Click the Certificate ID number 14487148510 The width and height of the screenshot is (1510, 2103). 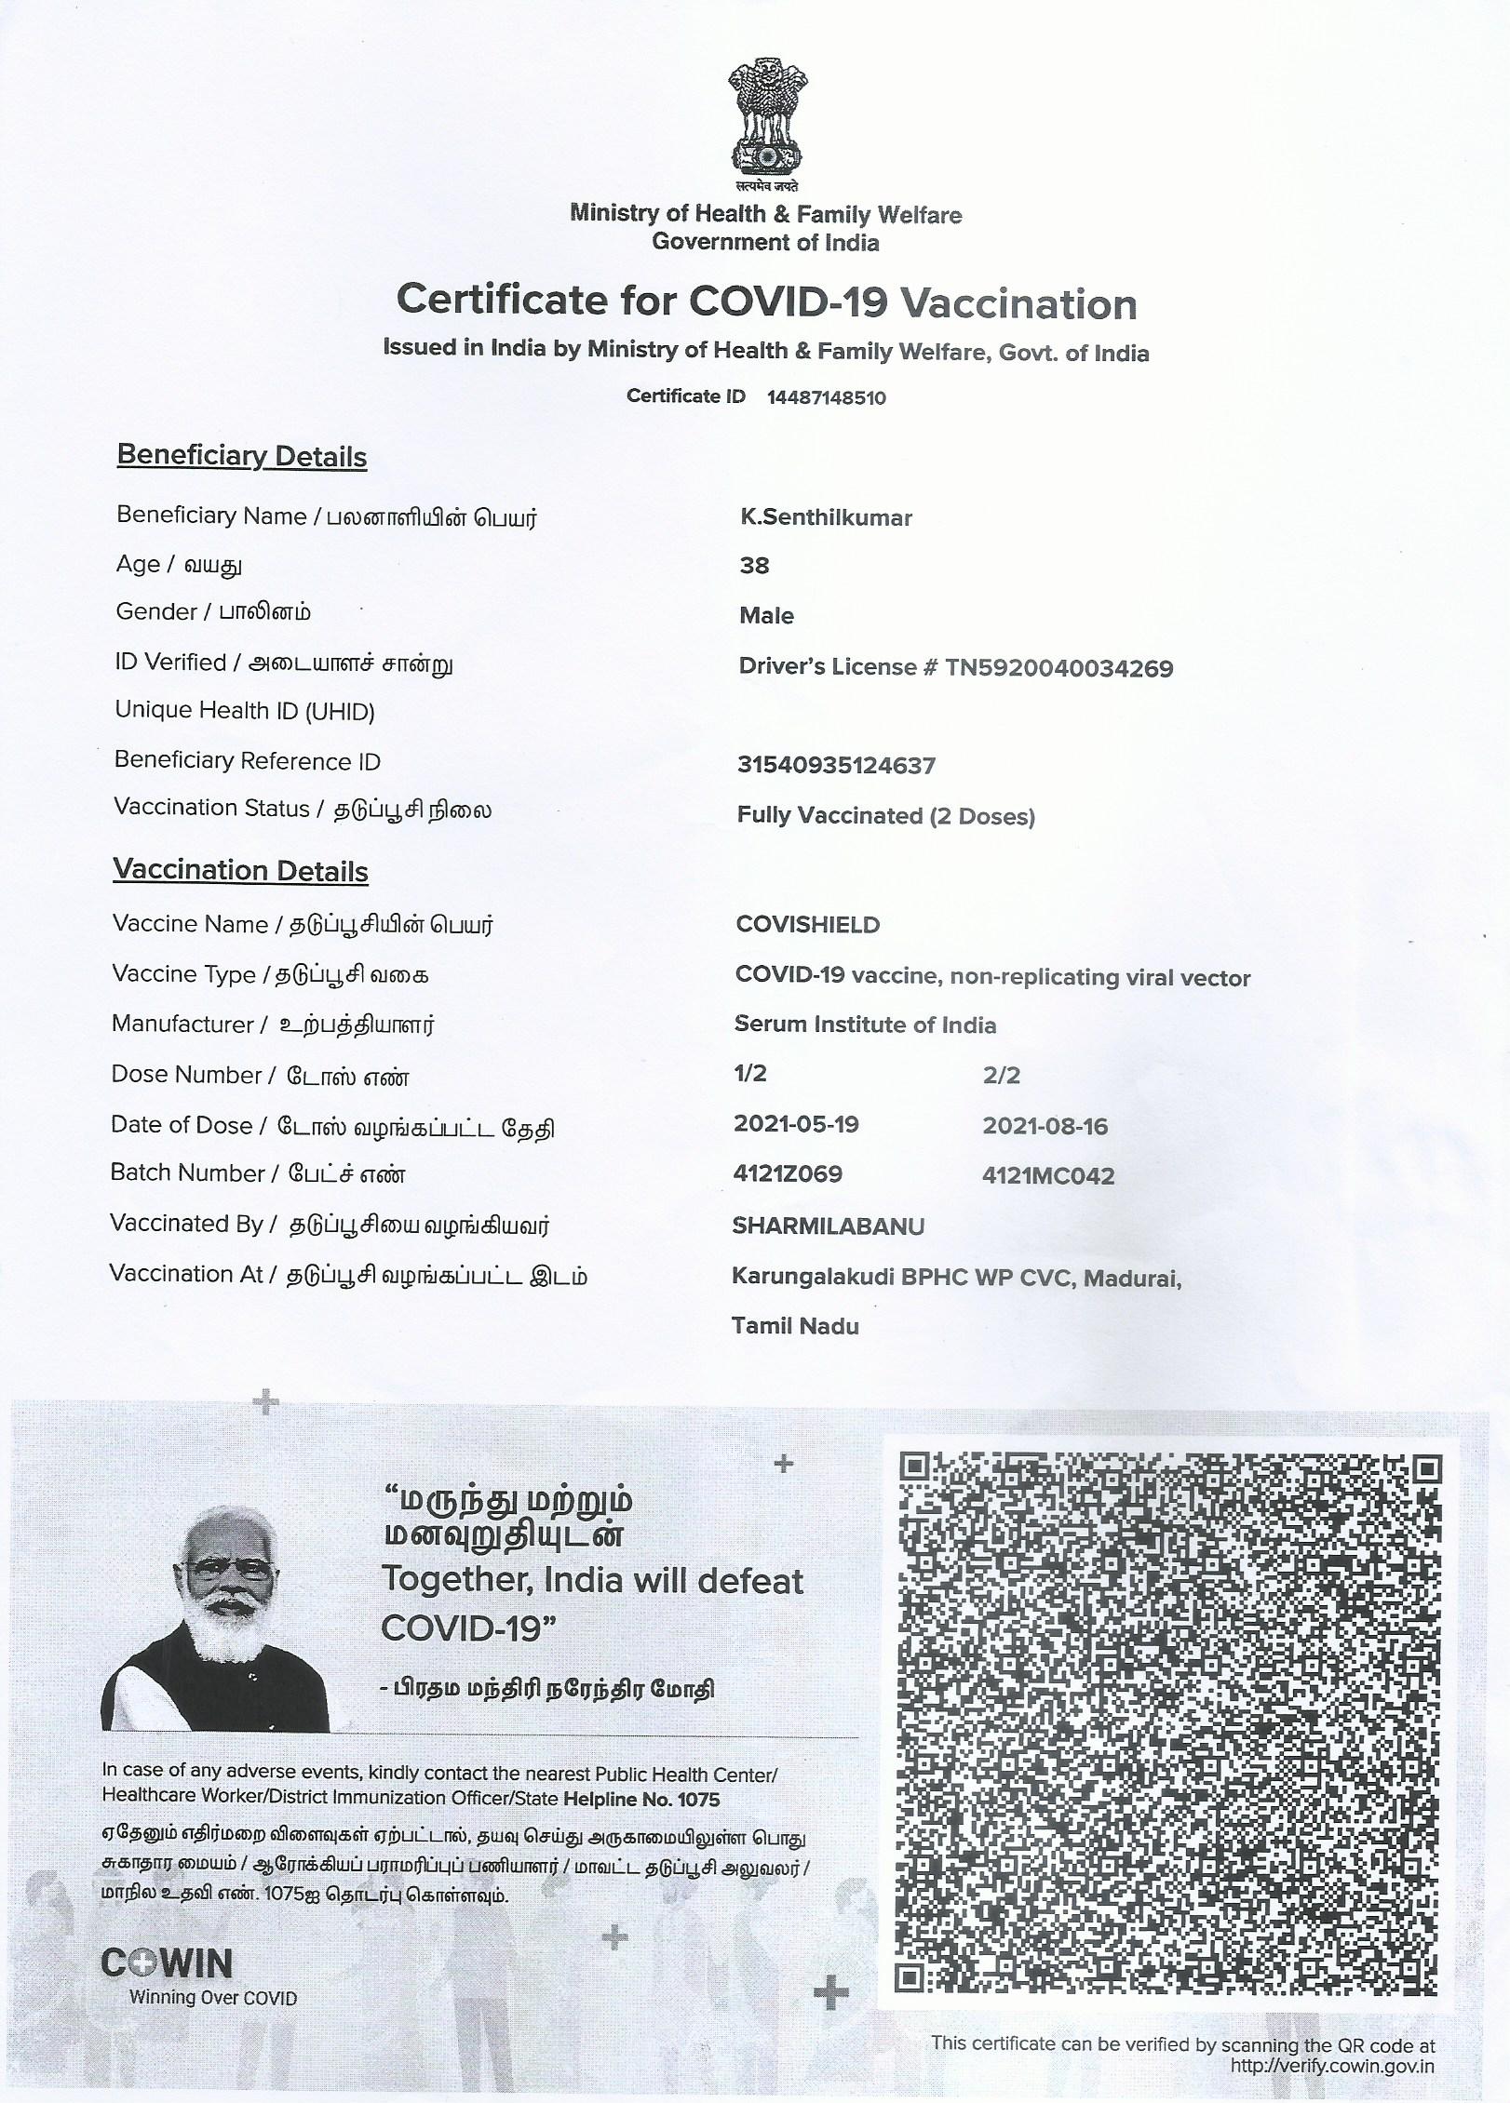coord(826,398)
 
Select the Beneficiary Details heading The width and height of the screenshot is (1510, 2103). coord(242,456)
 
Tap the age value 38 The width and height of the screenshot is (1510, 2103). coord(754,566)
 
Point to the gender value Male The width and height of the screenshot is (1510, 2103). coord(766,615)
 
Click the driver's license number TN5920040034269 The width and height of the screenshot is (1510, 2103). coord(1058,668)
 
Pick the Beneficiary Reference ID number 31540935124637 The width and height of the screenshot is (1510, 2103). coord(836,766)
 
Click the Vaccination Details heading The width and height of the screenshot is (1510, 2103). coord(241,870)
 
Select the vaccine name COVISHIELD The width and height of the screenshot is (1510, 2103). coord(807,925)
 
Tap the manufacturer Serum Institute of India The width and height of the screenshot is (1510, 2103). coord(865,1025)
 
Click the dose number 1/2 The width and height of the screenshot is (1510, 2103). coord(750,1074)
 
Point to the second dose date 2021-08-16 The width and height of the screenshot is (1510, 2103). coord(1045,1127)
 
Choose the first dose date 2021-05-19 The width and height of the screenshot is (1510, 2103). coord(796,1124)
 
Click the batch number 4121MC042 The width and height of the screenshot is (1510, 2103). coord(1048,1176)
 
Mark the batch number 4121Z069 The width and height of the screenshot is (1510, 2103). coord(788,1174)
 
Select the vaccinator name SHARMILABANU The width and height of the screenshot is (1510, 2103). coord(829,1226)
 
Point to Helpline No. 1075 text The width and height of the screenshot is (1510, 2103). coord(641,1800)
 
